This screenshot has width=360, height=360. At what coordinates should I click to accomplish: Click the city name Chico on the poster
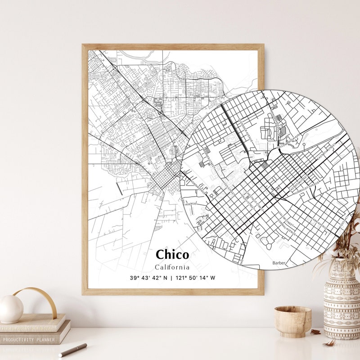click(x=172, y=254)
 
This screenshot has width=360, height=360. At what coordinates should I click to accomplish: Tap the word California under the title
click(x=172, y=267)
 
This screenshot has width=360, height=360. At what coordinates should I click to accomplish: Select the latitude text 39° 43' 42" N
click(x=148, y=278)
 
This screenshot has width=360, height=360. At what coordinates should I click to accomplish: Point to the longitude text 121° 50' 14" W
click(x=196, y=278)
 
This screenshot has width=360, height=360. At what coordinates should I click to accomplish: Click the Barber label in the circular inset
click(x=279, y=262)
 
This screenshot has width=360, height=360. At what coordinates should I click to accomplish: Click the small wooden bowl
click(x=292, y=321)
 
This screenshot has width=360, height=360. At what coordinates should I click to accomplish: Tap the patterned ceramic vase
click(x=342, y=301)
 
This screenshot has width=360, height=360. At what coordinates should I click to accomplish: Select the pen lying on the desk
click(x=72, y=349)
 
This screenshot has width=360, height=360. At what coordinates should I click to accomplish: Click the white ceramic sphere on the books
click(x=11, y=309)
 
